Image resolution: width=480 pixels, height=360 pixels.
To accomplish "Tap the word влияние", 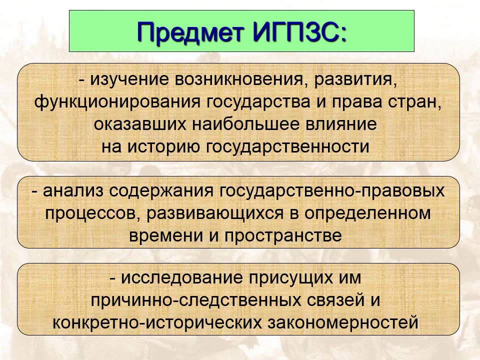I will (346, 124).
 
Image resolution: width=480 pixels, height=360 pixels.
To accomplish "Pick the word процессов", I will (87, 214).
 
